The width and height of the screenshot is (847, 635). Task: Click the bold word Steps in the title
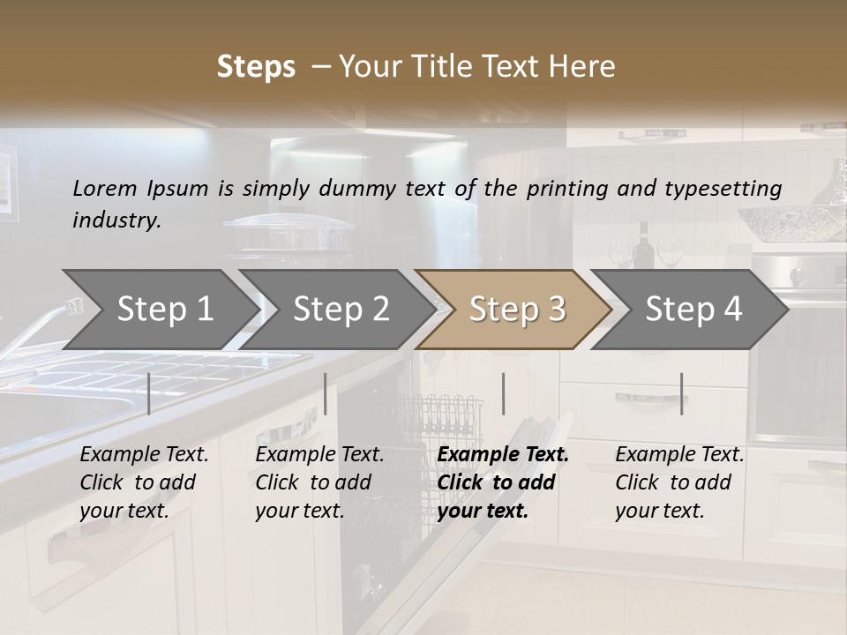256,67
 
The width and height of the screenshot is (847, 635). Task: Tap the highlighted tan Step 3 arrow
517,310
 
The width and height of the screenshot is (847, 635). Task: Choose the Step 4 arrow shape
693,310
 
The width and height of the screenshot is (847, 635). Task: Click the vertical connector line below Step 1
149,393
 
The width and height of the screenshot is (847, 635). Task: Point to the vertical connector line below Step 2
326,393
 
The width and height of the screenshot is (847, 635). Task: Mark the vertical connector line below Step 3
503,393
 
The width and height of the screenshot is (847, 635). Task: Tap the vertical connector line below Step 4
681,393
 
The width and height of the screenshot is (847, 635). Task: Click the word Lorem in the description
105,189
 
